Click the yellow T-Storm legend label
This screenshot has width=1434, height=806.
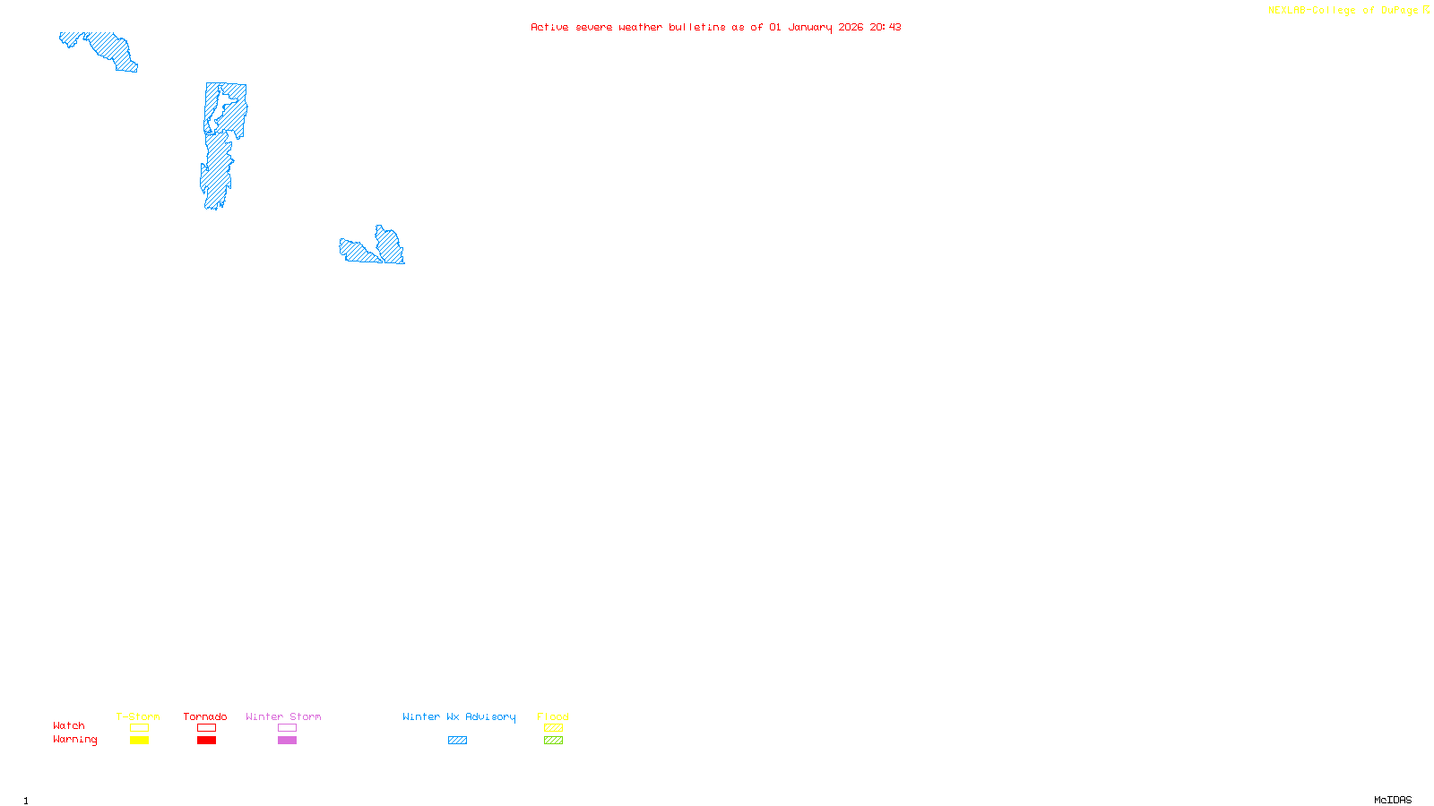138,716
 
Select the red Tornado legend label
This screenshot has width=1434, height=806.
205,716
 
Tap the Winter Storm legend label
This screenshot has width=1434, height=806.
283,716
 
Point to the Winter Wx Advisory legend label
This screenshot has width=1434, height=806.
459,716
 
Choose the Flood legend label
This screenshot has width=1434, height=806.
553,716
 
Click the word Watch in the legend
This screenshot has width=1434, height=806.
69,725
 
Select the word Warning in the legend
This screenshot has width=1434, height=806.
75,740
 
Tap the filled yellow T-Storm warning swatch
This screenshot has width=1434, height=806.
139,741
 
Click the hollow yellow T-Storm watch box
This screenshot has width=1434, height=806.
139,728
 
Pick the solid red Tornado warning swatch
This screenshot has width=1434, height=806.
206,741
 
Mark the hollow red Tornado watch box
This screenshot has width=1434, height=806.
206,728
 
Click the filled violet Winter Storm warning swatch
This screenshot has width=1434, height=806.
287,741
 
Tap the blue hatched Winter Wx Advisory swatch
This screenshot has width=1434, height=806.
457,741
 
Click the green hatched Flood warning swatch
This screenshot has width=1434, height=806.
553,741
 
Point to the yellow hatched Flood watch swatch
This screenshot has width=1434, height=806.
553,728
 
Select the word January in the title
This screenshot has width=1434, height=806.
810,27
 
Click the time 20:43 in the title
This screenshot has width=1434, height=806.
885,27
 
